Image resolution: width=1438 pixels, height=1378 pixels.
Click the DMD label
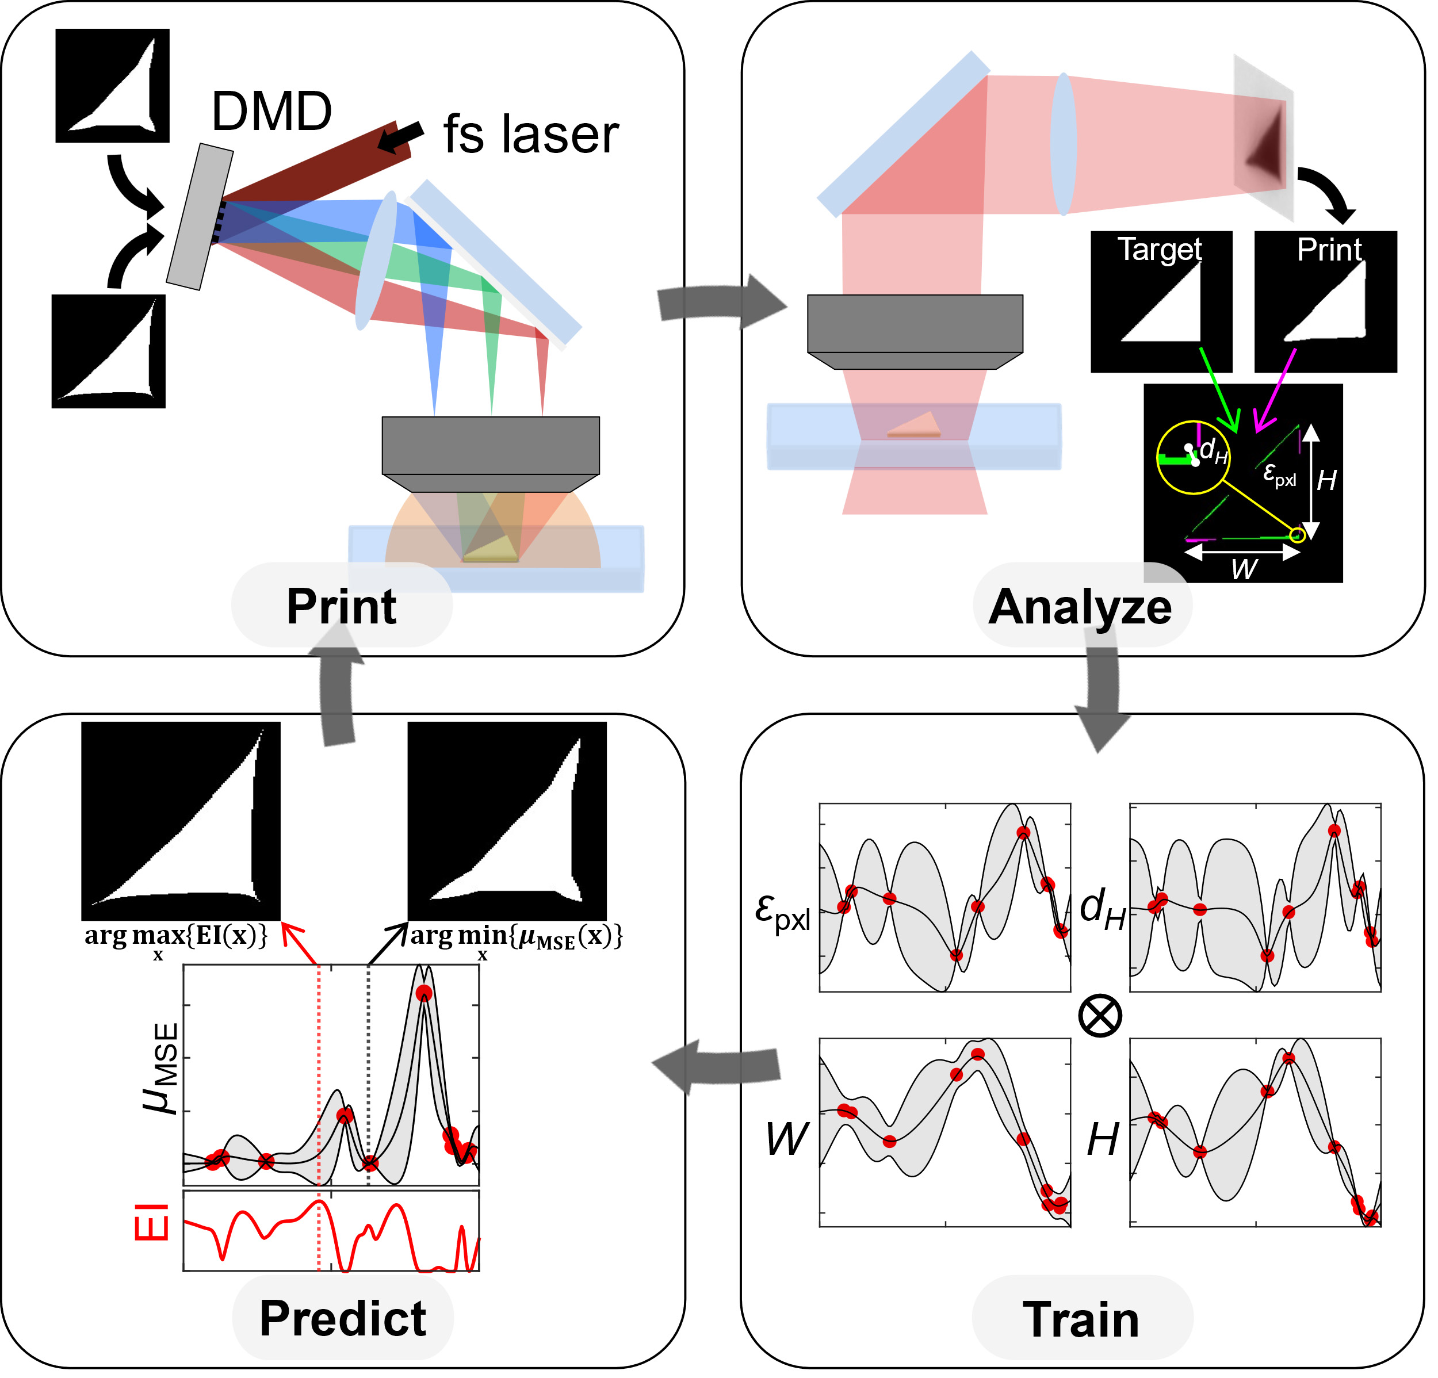pyautogui.click(x=271, y=112)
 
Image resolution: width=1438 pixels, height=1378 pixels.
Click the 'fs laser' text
pyautogui.click(x=530, y=135)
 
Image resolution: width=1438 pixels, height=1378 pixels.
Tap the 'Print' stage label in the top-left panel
pyautogui.click(x=341, y=607)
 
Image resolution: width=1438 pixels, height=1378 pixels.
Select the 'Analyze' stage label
pyautogui.click(x=1080, y=607)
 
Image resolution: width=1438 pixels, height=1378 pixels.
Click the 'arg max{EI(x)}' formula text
pyautogui.click(x=176, y=937)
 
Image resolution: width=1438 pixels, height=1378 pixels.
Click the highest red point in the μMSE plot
pyautogui.click(x=424, y=993)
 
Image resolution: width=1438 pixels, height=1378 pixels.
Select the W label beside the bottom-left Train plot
pyautogui.click(x=786, y=1139)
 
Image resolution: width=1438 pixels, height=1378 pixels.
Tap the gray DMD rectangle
pyautogui.click(x=200, y=216)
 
